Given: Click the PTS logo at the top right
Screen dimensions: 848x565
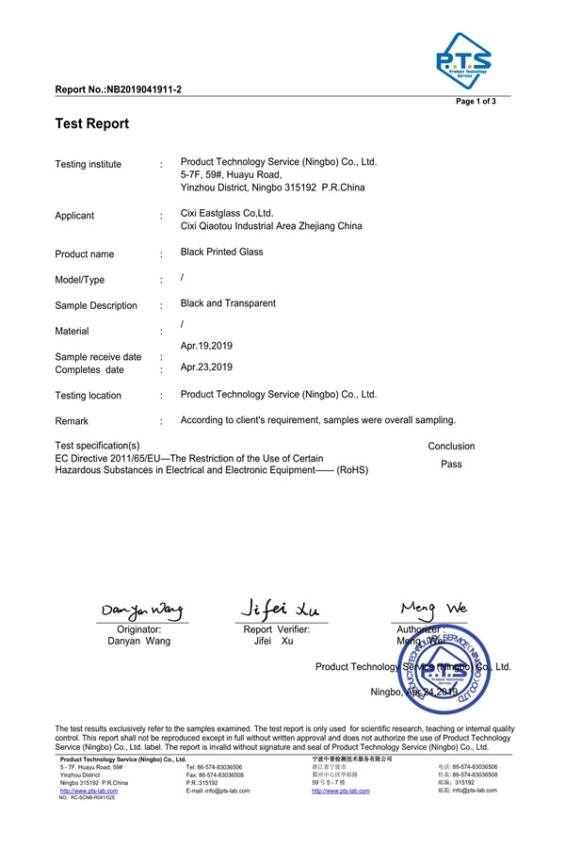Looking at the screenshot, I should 462,60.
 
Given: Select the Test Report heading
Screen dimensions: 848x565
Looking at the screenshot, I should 92,123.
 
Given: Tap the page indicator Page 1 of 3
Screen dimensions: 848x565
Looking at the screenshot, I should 476,102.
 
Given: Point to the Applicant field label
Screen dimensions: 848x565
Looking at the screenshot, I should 74,216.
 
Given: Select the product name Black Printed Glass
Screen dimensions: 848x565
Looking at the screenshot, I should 221,253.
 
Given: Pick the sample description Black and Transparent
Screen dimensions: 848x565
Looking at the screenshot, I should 228,303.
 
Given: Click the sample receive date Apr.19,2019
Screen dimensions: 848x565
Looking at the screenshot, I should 206,346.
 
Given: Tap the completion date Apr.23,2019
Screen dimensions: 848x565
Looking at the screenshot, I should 206,367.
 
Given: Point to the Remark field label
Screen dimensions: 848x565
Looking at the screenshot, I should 72,421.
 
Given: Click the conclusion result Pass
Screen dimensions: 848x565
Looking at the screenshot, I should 451,465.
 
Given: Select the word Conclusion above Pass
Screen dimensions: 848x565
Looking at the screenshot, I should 451,447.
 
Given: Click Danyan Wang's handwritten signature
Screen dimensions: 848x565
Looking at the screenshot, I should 141,612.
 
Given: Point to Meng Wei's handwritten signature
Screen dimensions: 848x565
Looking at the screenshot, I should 433,607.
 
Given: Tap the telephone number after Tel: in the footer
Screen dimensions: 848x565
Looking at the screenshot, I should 220,768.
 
